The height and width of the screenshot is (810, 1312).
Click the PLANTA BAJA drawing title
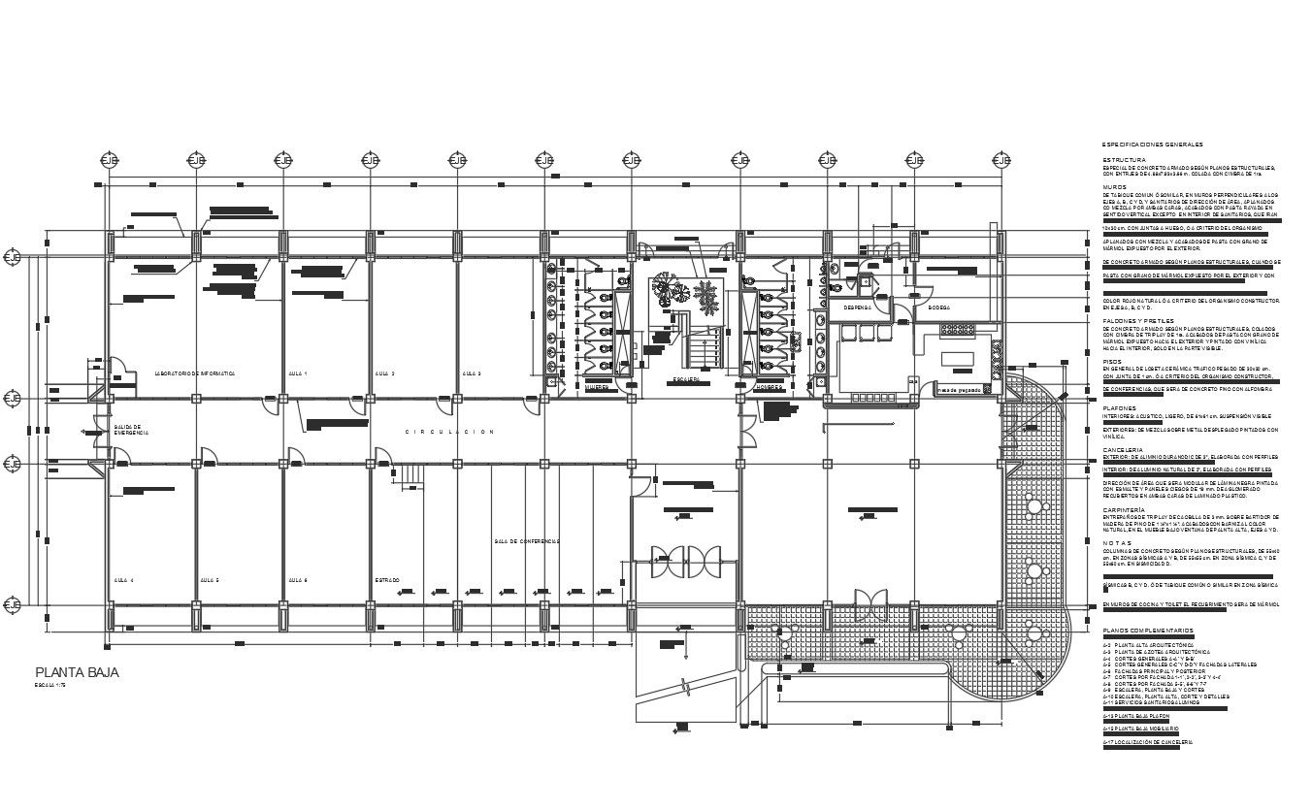click(x=77, y=672)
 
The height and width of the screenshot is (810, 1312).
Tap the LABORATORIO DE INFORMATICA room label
click(x=195, y=373)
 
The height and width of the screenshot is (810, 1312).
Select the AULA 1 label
click(x=298, y=373)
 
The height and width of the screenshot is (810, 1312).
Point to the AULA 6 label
click(x=298, y=580)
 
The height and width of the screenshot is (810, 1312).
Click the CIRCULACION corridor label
click(x=449, y=432)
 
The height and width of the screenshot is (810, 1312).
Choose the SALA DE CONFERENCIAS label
click(x=526, y=541)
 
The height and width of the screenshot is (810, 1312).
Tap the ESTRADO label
click(x=387, y=580)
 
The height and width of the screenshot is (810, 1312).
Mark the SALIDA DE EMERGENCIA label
click(x=130, y=429)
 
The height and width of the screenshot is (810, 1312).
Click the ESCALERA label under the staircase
click(x=687, y=380)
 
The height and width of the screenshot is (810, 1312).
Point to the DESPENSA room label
click(x=856, y=308)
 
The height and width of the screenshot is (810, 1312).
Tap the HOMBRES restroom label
click(x=770, y=387)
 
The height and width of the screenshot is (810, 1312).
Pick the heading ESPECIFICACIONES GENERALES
click(x=1151, y=145)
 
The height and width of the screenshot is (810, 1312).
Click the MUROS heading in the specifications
click(x=1114, y=187)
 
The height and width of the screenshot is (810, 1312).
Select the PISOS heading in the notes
click(x=1112, y=361)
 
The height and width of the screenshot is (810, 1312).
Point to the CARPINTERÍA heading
click(x=1124, y=508)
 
